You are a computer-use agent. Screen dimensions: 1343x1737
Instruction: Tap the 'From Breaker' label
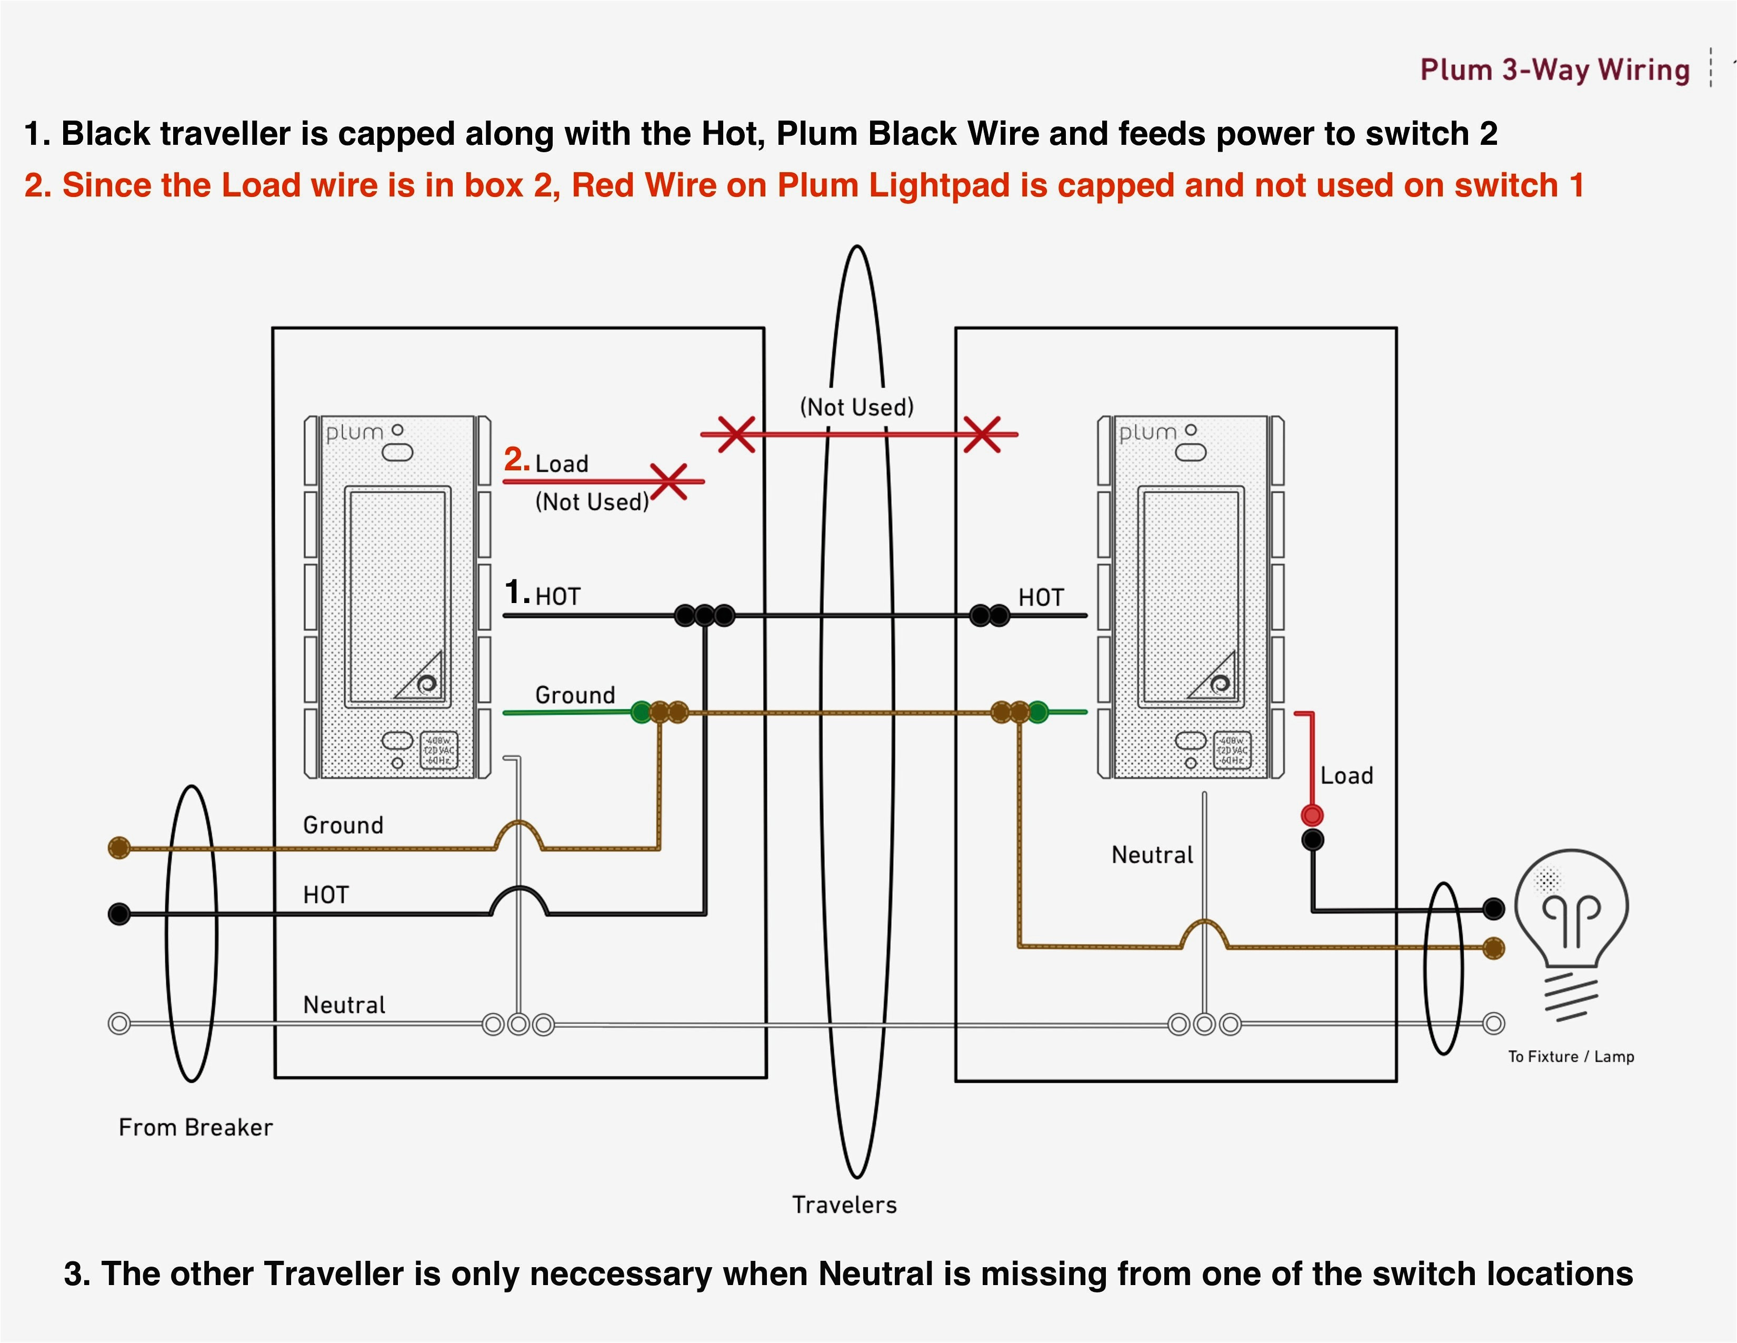pos(196,1128)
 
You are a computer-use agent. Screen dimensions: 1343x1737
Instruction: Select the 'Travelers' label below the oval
pos(844,1204)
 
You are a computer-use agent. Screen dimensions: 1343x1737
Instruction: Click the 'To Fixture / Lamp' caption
pos(1571,1056)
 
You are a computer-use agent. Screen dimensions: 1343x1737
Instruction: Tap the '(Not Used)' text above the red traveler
pos(856,407)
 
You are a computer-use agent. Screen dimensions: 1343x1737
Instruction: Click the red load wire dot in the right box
pos(1312,815)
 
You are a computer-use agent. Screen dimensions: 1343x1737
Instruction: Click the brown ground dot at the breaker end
pos(119,847)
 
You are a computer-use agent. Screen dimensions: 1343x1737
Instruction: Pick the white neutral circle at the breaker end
pos(119,1023)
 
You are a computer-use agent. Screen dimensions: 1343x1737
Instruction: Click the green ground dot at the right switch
pos(1038,712)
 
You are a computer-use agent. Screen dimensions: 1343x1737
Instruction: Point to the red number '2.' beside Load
pos(516,460)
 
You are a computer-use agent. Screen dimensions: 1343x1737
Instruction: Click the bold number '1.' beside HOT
pos(517,592)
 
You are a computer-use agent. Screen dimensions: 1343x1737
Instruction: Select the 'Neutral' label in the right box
pos(1152,855)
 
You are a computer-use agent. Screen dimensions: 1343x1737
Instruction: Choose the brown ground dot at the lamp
pos(1494,947)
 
